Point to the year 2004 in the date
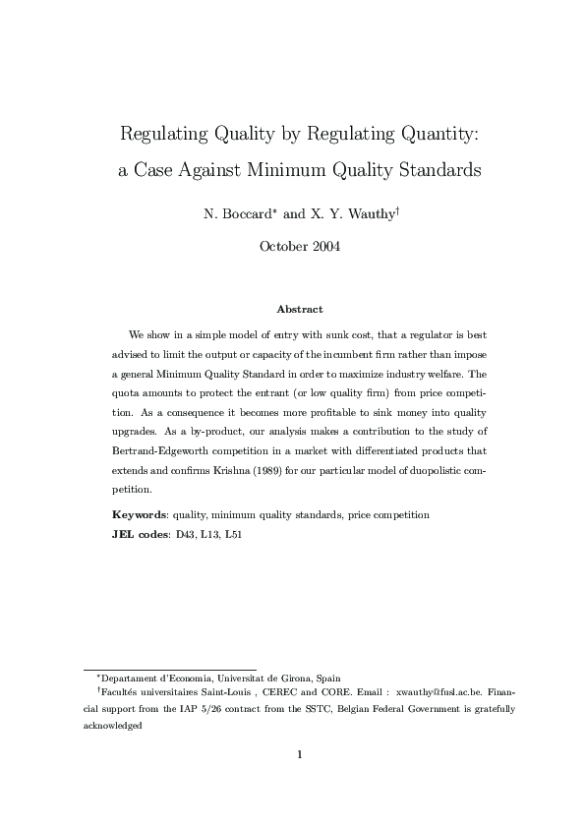[x=323, y=247]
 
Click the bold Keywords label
[x=139, y=514]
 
